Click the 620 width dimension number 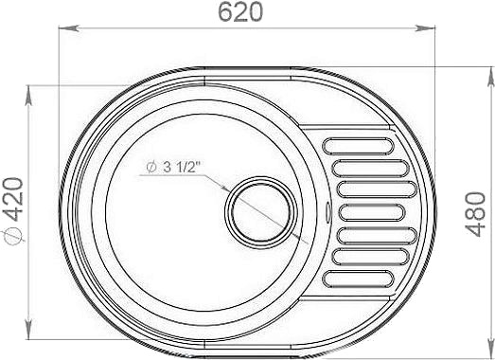click(240, 12)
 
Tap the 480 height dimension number click(476, 214)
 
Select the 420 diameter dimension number click(13, 200)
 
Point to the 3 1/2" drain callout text click(182, 167)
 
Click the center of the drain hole click(261, 212)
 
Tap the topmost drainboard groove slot click(358, 146)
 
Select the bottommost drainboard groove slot click(358, 279)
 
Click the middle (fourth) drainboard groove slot click(372, 212)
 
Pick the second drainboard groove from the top click(371, 168)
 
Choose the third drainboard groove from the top click(378, 189)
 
